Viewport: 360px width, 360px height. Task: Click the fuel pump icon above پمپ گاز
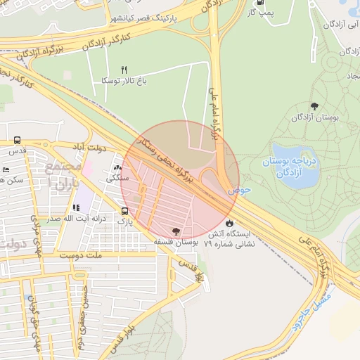click(x=262, y=2)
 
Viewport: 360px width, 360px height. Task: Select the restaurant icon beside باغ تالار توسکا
click(x=124, y=70)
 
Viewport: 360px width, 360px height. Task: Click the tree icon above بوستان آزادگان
click(x=314, y=106)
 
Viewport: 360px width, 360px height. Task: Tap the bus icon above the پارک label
click(x=124, y=210)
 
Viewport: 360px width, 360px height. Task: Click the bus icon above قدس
click(x=17, y=140)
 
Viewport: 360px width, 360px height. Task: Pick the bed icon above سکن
click(x=6, y=169)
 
